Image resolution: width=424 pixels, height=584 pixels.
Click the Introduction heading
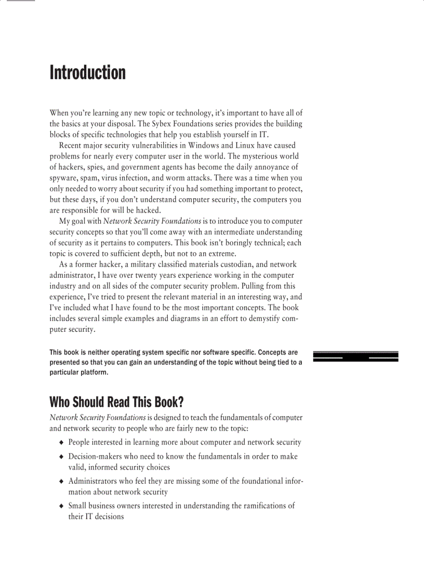pos(87,72)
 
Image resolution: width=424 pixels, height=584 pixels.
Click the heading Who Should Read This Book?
pos(117,402)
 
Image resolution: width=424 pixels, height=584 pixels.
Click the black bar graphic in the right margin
pos(355,356)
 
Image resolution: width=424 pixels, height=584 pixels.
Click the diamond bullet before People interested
pos(62,443)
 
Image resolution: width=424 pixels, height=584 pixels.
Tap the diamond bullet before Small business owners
pos(62,506)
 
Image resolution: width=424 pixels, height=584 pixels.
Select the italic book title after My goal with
pos(152,221)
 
